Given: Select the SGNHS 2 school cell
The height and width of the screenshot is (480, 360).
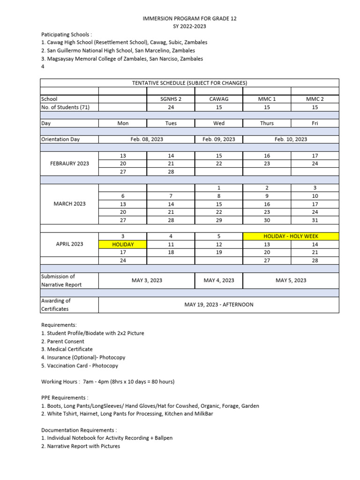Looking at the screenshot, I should pos(171,99).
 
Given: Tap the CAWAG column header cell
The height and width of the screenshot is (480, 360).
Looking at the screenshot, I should pos(218,99).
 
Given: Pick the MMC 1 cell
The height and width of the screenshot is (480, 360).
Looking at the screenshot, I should pos(267,99).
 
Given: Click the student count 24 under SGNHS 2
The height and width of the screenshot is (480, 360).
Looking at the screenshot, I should pos(171,107).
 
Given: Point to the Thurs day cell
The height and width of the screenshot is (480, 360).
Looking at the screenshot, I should pos(267,123).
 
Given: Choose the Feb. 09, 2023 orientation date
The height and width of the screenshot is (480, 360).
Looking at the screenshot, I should pos(218,139).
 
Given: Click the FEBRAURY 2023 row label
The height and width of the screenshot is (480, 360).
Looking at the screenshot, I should pos(69,164).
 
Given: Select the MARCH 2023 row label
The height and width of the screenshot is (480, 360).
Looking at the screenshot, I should pos(69,204).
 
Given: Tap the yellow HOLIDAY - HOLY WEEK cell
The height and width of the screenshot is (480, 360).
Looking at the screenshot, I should pos(291,236).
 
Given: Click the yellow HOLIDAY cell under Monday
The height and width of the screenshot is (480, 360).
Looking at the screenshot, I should pos(122,244).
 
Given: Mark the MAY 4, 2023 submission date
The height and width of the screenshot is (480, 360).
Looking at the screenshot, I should pos(218,280).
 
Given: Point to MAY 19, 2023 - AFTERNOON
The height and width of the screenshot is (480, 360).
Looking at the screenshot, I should pos(218,305).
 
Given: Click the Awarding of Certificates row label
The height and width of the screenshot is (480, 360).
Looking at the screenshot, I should pos(56,305).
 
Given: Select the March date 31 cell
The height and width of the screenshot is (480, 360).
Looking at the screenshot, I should pos(315,220).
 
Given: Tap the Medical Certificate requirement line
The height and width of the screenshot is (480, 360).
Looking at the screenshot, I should pos(67,349).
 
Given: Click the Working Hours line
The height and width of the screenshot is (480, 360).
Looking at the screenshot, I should pos(108,382).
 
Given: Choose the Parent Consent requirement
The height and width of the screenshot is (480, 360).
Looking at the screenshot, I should pos(63,341).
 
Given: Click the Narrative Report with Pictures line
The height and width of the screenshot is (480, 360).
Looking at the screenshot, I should pos(81,446).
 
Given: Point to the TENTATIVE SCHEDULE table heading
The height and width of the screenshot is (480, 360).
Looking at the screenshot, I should pos(189,83).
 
